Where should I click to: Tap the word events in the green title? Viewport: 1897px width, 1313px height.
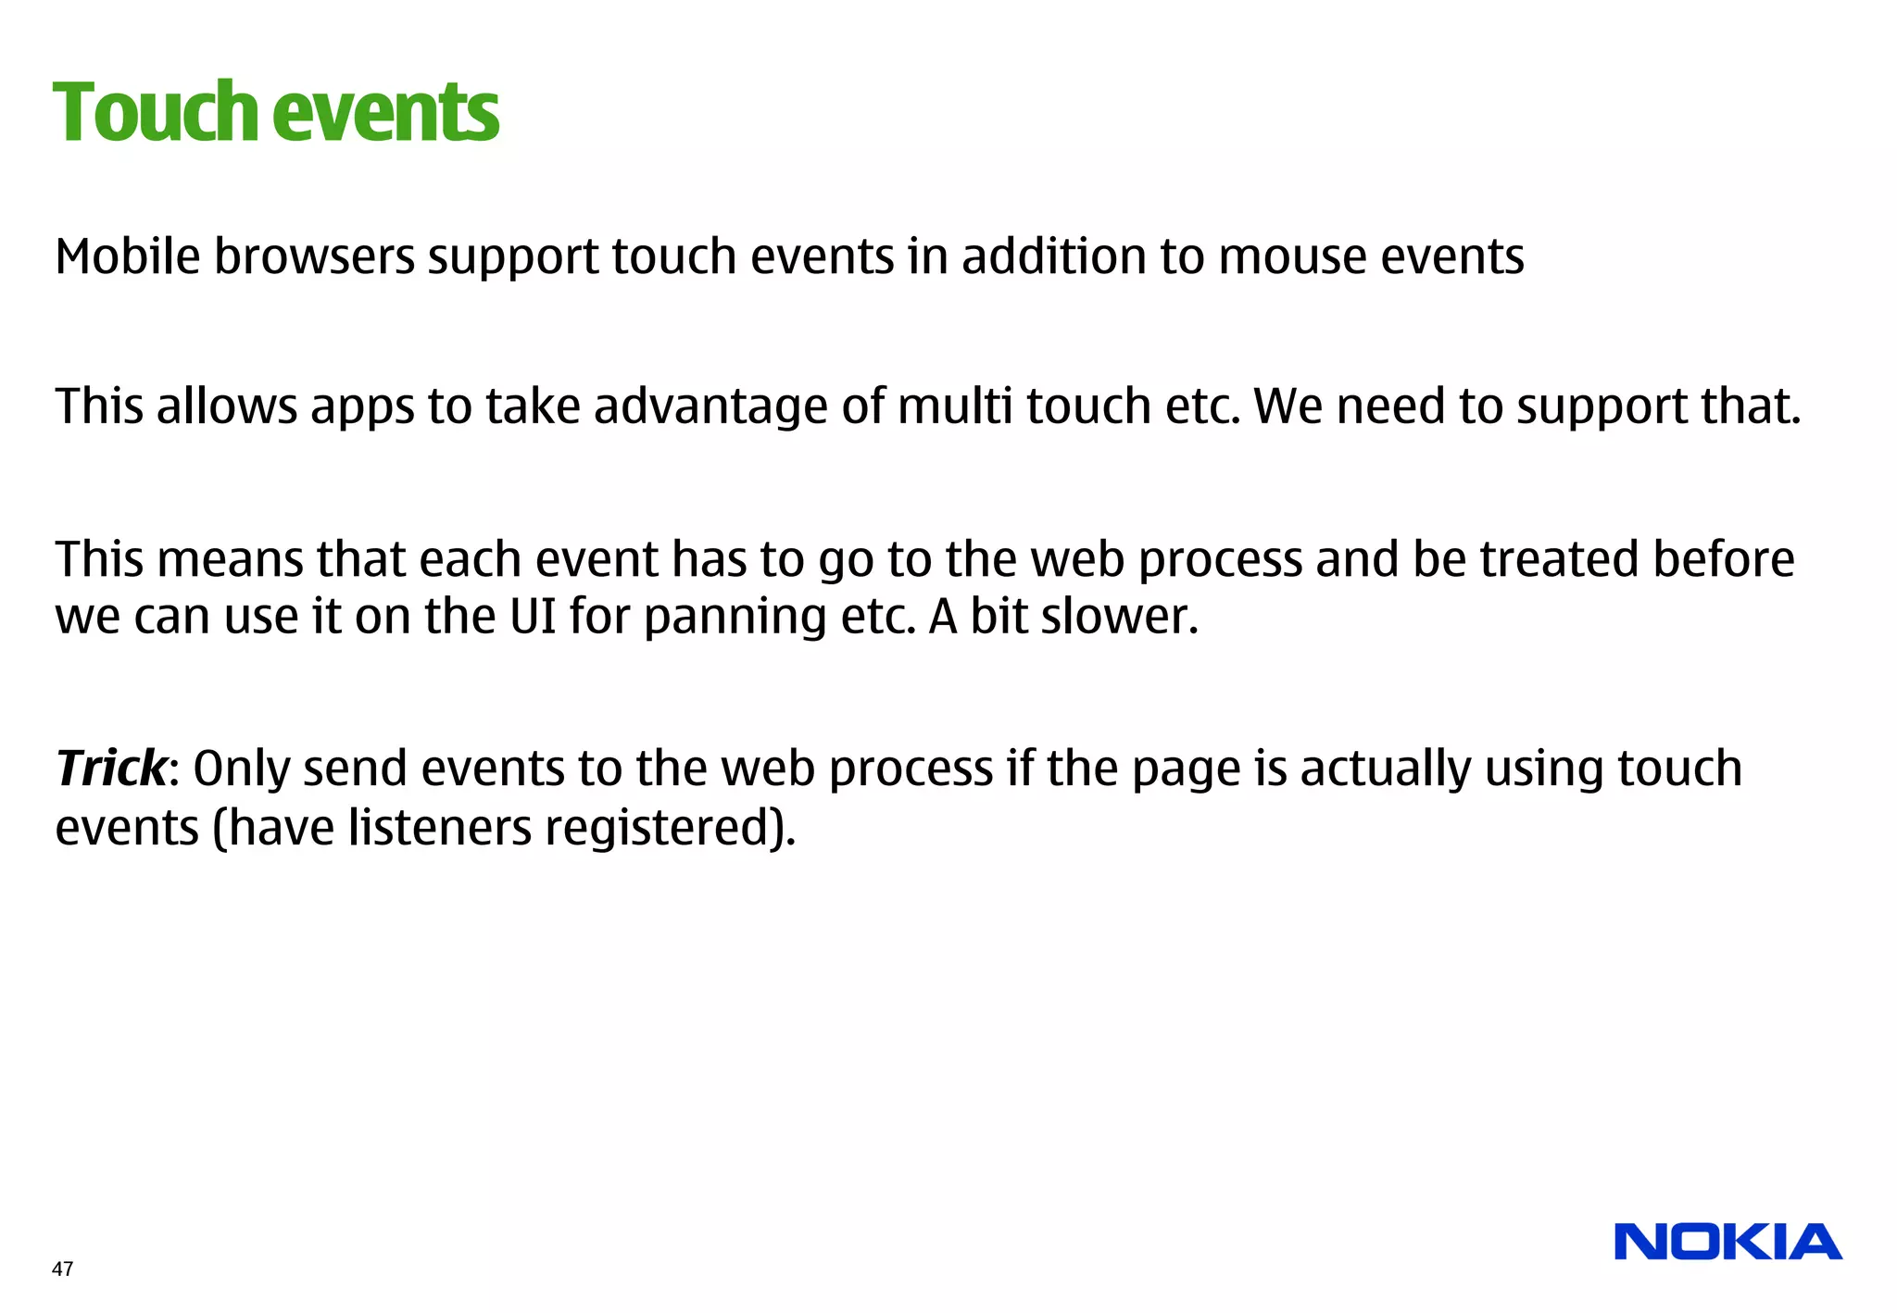click(386, 113)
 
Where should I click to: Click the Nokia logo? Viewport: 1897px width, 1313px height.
click(1727, 1242)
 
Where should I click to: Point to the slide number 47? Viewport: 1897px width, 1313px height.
click(62, 1269)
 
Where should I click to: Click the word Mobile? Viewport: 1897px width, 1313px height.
click(128, 256)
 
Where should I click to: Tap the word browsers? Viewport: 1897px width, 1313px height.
click(315, 256)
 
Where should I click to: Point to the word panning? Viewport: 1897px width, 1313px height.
click(735, 618)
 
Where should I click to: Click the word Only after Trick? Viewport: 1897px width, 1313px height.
click(242, 769)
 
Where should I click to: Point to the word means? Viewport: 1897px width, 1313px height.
click(230, 559)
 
